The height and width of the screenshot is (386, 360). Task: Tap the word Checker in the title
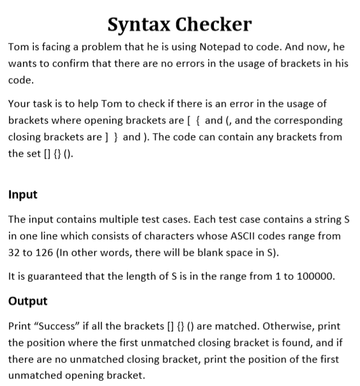click(x=214, y=24)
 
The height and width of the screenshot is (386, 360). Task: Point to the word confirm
click(x=82, y=65)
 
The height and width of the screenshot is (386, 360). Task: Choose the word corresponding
click(x=297, y=120)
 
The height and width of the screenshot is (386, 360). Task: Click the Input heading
click(x=22, y=194)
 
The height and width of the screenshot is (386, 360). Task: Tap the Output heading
click(x=27, y=300)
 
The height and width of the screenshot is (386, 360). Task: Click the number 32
click(x=14, y=252)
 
